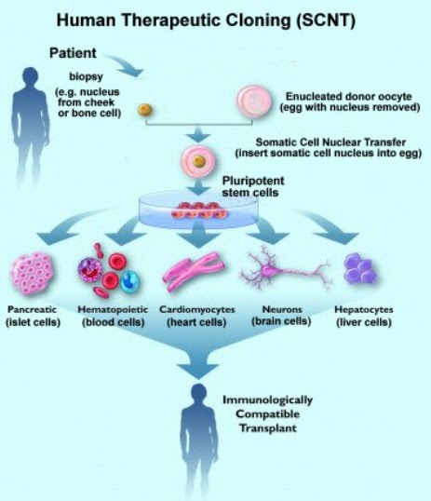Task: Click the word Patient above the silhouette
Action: coord(73,53)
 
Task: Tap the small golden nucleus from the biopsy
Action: coord(145,110)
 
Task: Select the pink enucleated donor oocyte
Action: coord(254,102)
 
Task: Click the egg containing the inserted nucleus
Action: coord(198,161)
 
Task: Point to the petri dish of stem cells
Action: coord(198,210)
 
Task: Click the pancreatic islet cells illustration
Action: coord(32,273)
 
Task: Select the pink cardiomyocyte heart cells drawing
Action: coord(194,271)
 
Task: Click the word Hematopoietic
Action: coord(113,309)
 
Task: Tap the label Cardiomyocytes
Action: coord(197,309)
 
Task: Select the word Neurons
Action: coord(282,309)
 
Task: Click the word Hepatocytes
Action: coord(364,309)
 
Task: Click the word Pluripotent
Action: coord(253,181)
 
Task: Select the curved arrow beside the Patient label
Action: coord(126,65)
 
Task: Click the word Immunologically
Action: coord(267,400)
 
